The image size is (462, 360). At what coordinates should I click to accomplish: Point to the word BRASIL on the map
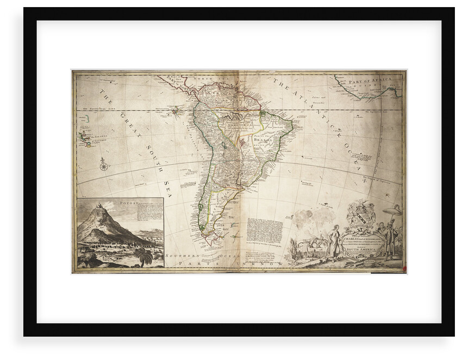[263, 139]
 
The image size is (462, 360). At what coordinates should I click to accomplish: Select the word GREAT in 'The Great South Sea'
[129, 126]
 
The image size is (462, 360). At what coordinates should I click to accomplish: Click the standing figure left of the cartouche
[334, 239]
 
